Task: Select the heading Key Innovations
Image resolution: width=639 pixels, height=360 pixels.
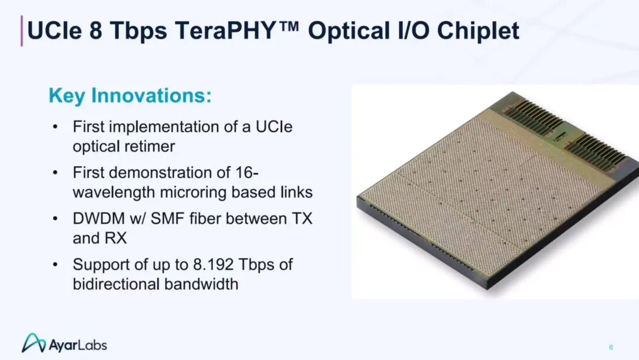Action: coord(130,95)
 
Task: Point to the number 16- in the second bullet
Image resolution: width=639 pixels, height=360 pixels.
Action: coord(247,172)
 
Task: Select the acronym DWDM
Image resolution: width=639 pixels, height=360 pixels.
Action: coord(99,218)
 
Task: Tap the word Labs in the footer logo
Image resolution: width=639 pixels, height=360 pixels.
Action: coord(92,345)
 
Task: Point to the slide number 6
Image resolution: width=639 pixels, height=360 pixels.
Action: coord(611,348)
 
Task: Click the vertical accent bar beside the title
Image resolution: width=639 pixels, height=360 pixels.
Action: coord(22,31)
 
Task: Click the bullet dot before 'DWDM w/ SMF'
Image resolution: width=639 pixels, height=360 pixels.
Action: coord(55,219)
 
